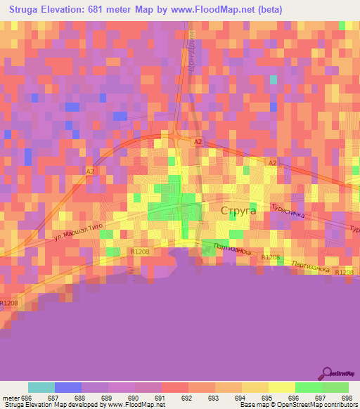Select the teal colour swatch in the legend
coord(41,387)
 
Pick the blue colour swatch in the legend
coord(67,387)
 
